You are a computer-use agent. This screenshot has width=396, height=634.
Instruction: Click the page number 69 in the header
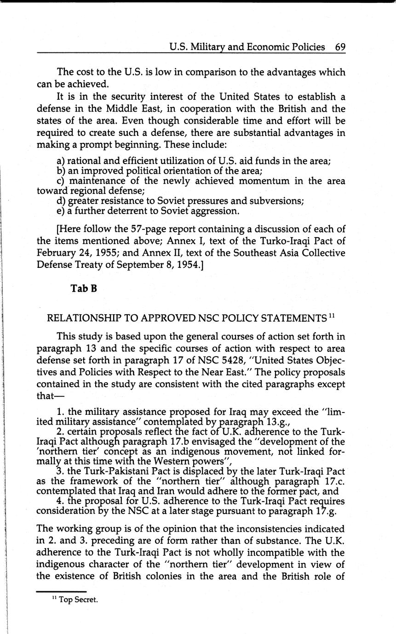340,47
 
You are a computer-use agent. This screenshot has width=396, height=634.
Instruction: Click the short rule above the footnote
61,591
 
